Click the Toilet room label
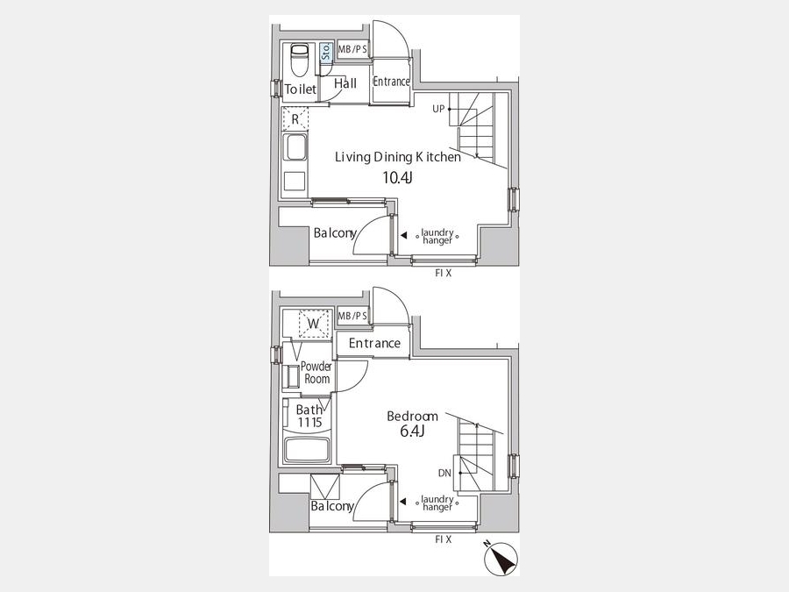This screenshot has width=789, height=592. pyautogui.click(x=301, y=89)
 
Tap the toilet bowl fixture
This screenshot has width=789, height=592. pyautogui.click(x=300, y=59)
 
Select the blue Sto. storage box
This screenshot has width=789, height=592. pyautogui.click(x=326, y=52)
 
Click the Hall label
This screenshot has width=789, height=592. pyautogui.click(x=345, y=83)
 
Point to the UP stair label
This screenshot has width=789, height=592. pyautogui.click(x=438, y=109)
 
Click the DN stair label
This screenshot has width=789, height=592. pyautogui.click(x=444, y=473)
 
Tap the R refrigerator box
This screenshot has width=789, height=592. pyautogui.click(x=295, y=119)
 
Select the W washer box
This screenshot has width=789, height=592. pyautogui.click(x=314, y=324)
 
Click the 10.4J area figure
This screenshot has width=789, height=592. pyautogui.click(x=397, y=177)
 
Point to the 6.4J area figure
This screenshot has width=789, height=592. pyautogui.click(x=413, y=431)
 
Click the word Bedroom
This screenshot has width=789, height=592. pyautogui.click(x=412, y=417)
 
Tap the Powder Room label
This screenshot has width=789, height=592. pyautogui.click(x=316, y=373)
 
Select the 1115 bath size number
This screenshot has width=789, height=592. pyautogui.click(x=309, y=423)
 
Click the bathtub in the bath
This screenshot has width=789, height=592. pyautogui.click(x=307, y=450)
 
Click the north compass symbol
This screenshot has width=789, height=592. pyautogui.click(x=501, y=559)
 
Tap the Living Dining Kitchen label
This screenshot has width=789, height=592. pyautogui.click(x=398, y=158)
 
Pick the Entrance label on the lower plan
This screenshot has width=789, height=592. pyautogui.click(x=374, y=343)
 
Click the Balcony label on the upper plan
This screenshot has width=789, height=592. pyautogui.click(x=335, y=233)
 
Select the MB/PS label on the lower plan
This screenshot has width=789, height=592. pyautogui.click(x=352, y=316)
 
